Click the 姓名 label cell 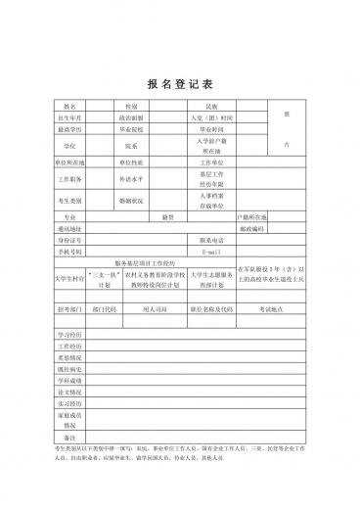point(69,105)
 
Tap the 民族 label point(210,105)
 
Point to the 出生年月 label point(69,116)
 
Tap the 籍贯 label point(167,216)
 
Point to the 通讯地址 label point(69,227)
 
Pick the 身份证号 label point(69,239)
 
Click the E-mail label point(210,251)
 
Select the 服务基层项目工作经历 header point(145,262)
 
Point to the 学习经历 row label point(69,335)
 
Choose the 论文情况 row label point(69,389)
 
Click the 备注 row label point(69,437)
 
